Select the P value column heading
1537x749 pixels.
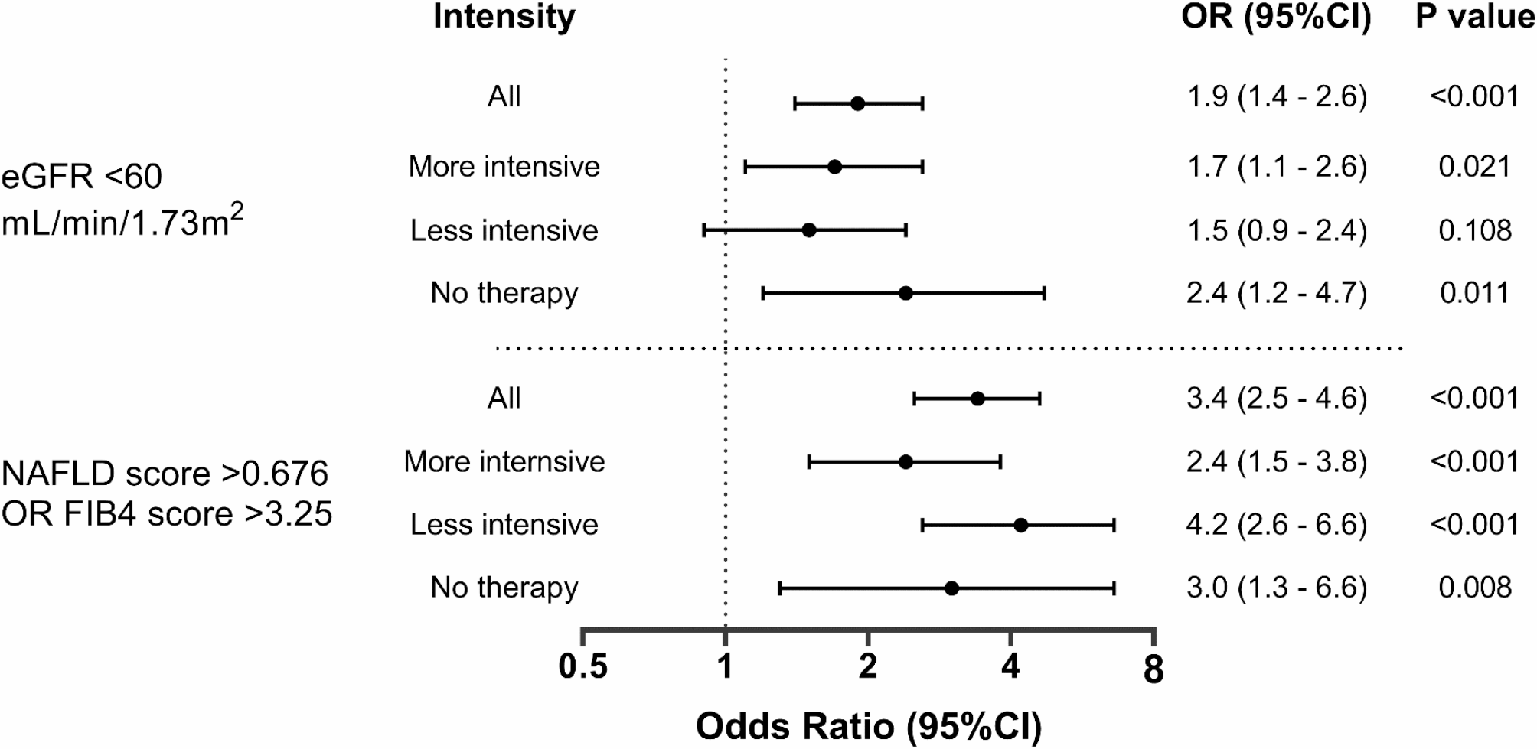tap(1474, 17)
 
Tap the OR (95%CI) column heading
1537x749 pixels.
tap(1276, 18)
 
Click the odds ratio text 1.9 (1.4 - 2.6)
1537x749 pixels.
tap(1277, 97)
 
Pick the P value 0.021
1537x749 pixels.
tap(1474, 167)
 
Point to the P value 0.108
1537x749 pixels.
tap(1474, 230)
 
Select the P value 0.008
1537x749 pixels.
tap(1474, 588)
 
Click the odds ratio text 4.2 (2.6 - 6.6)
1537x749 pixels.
tap(1277, 525)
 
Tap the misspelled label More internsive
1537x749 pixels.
tap(504, 461)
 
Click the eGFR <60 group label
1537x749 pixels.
tap(82, 177)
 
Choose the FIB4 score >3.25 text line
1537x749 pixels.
tap(167, 513)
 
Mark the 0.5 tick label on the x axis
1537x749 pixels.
tap(583, 667)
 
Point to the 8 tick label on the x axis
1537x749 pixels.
tap(1154, 669)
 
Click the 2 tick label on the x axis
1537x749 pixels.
tap(868, 667)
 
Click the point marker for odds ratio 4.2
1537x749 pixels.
tap(1020, 525)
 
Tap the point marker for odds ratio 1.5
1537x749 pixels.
tap(809, 230)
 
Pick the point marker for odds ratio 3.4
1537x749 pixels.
tap(977, 399)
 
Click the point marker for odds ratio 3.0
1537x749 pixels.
tap(951, 588)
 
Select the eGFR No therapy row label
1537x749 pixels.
tap(504, 293)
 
